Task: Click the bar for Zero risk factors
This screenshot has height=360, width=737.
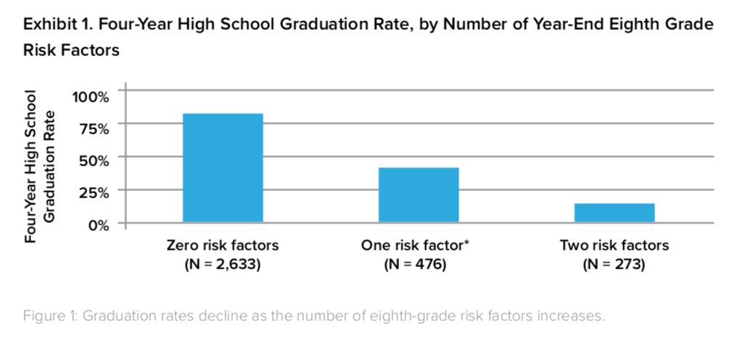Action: (223, 168)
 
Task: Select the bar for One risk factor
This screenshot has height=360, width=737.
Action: (419, 195)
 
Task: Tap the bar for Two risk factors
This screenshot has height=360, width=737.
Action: (614, 213)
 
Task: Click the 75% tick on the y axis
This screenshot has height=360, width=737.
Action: (95, 128)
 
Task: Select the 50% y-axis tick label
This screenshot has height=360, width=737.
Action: (95, 160)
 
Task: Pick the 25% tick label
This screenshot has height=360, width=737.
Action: (95, 192)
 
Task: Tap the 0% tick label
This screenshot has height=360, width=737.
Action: (99, 224)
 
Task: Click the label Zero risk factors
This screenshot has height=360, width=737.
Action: (223, 245)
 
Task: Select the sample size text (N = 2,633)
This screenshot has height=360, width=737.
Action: (223, 264)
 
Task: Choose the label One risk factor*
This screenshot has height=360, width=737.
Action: (414, 245)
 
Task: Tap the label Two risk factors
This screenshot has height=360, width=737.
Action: (614, 245)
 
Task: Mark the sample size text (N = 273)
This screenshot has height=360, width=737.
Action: (614, 264)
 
